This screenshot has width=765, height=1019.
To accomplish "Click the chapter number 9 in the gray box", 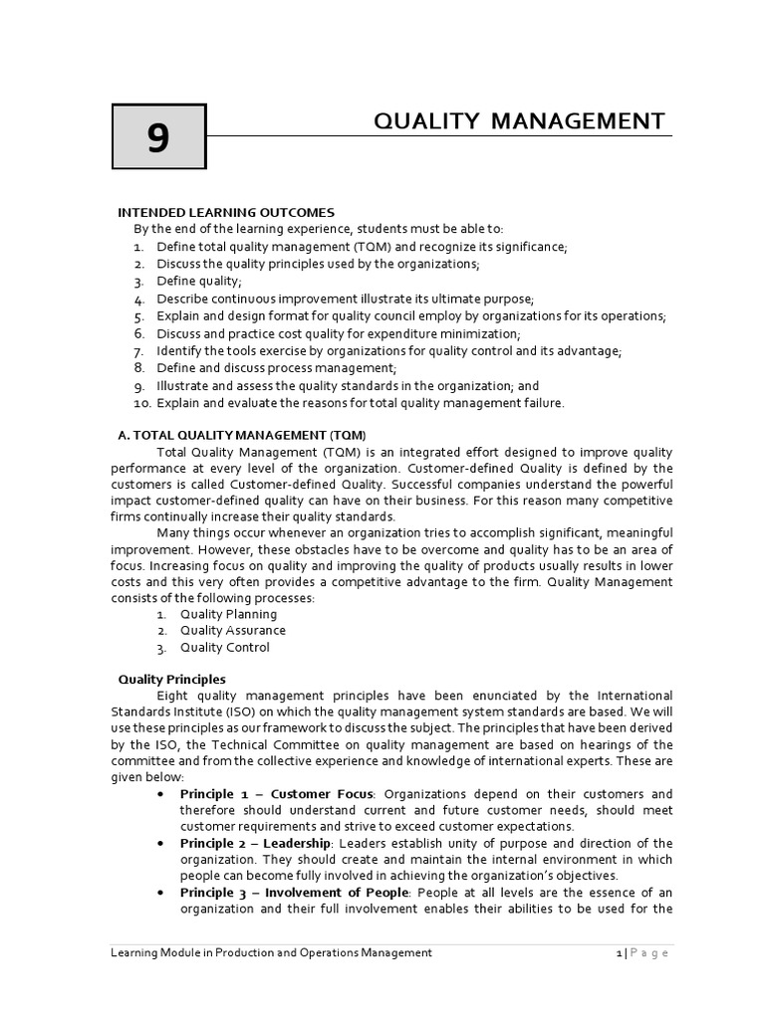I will click(157, 138).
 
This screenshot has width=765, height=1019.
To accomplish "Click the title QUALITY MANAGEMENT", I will click(518, 121).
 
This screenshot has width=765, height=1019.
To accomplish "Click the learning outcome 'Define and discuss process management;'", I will click(262, 368).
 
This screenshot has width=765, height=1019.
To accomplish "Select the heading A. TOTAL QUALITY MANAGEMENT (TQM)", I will click(242, 435).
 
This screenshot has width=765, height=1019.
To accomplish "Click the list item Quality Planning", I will click(228, 614).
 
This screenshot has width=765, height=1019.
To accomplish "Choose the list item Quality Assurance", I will click(232, 630).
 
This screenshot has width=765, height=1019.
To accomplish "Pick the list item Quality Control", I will click(224, 648).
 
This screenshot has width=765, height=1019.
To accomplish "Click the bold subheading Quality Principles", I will click(171, 680).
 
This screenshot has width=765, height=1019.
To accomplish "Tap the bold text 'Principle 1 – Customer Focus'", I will click(276, 794).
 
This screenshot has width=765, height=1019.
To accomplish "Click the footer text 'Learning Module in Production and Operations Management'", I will click(270, 952).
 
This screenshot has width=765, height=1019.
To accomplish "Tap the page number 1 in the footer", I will click(618, 953).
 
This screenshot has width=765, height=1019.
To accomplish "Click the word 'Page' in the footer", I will click(648, 953).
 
